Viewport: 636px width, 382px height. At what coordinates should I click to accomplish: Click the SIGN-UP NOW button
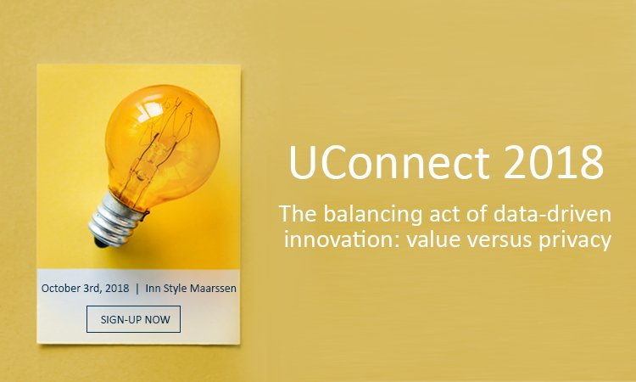point(134,319)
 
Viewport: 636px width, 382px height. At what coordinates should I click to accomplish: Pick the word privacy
point(576,240)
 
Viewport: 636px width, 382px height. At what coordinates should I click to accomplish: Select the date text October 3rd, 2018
point(85,289)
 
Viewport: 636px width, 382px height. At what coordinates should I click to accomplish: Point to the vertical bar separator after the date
point(137,289)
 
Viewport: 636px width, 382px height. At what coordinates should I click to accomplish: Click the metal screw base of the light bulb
point(115,216)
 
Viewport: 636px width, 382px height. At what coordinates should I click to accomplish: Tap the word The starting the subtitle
point(296,213)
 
